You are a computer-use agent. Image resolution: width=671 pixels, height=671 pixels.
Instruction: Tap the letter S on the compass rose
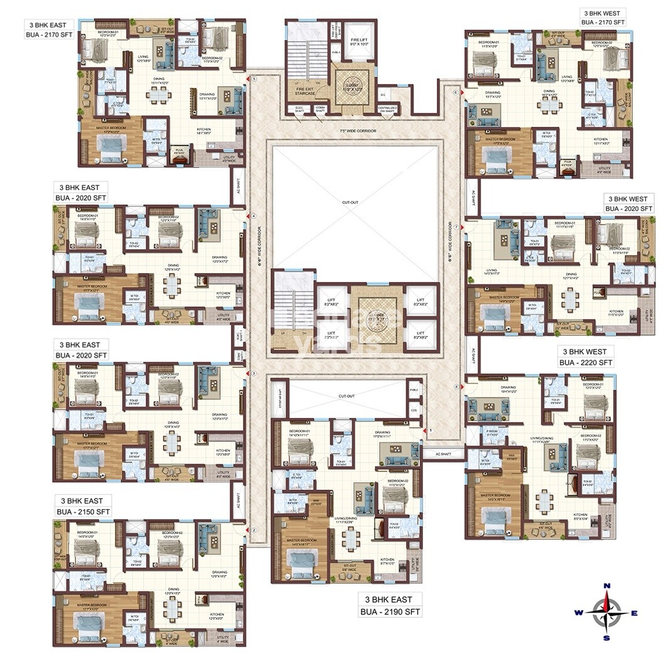pos(606,638)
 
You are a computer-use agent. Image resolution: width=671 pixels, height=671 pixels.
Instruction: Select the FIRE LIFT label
pos(358,41)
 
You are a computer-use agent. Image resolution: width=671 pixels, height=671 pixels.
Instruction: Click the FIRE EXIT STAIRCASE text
pos(304,92)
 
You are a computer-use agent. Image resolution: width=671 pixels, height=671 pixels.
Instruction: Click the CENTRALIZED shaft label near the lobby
pos(387,109)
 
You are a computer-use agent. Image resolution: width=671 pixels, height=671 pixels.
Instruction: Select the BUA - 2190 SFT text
pos(390,611)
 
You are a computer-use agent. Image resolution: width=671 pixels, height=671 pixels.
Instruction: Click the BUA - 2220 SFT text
pos(586,363)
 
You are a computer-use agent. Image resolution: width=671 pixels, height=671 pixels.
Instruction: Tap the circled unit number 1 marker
pos(431,431)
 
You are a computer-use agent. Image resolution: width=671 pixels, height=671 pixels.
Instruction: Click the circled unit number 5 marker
pos(254,79)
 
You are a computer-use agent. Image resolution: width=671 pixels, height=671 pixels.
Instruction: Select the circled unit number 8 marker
pos(456,387)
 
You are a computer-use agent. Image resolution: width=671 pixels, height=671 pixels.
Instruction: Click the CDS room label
pos(413,411)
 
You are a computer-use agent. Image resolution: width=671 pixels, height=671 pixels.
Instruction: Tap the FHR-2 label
pos(413,390)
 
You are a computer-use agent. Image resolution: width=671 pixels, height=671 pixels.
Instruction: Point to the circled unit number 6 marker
pos(456,92)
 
